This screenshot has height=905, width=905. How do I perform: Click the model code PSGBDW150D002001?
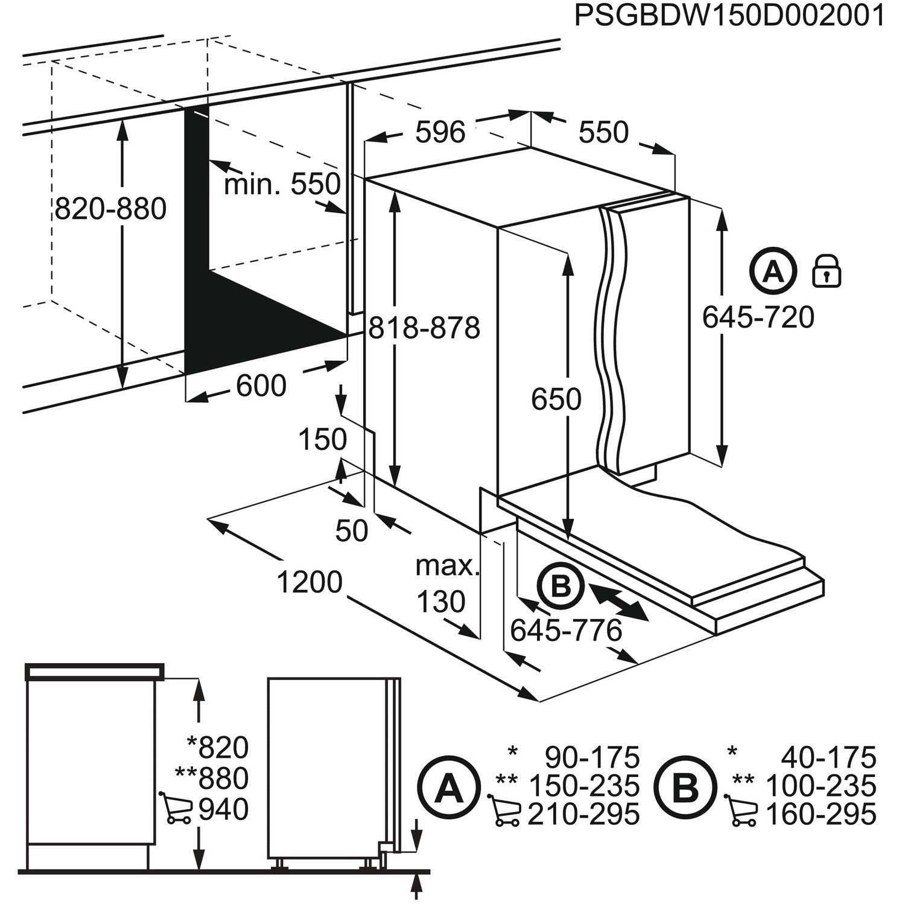(729, 16)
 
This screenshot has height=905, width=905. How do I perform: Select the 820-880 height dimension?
(110, 209)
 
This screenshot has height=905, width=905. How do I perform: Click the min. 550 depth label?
(282, 183)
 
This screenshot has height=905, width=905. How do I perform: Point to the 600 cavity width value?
(261, 386)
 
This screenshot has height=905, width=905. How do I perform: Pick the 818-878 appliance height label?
(424, 328)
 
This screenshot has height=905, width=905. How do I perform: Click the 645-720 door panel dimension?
(758, 317)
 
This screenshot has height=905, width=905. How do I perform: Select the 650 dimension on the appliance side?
(556, 399)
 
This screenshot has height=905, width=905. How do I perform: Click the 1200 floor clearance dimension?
(310, 583)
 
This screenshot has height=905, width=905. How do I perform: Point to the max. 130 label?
(445, 583)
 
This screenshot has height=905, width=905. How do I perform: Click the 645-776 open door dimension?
(565, 631)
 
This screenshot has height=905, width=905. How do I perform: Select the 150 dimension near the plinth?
(323, 440)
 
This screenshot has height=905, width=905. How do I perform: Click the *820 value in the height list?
(217, 748)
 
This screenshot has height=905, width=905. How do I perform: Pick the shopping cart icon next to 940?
(176, 808)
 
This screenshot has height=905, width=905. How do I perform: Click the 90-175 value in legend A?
(592, 757)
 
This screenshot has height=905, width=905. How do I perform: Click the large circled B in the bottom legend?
(686, 787)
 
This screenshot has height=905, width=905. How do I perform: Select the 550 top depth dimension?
(603, 132)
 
